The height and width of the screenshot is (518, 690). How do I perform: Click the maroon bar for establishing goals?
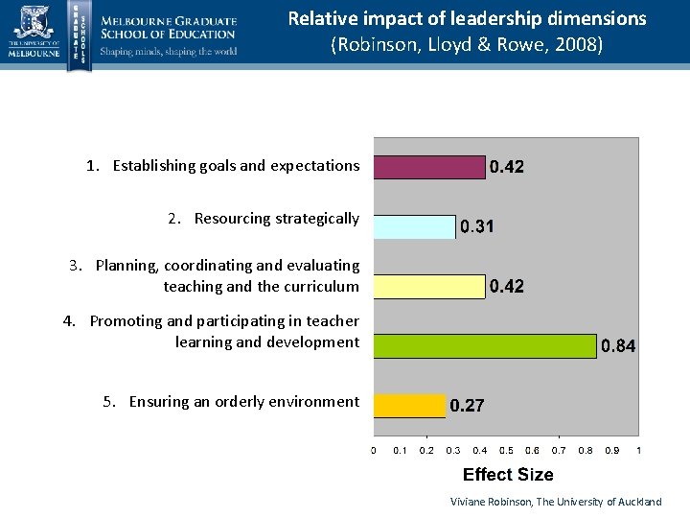click(x=429, y=167)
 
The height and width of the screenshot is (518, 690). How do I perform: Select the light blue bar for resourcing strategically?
click(x=414, y=226)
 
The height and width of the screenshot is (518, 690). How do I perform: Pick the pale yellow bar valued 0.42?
click(x=429, y=286)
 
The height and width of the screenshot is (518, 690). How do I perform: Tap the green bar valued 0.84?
click(x=484, y=345)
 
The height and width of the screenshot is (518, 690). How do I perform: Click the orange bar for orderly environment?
click(x=409, y=406)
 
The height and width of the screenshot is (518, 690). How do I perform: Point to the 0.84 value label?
click(x=617, y=345)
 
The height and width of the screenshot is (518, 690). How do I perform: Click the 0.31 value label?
click(x=477, y=227)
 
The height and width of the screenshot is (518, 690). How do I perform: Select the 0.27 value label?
click(x=467, y=406)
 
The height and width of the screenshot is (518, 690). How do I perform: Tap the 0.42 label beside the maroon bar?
click(x=507, y=167)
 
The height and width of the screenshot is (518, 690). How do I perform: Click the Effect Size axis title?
click(x=508, y=475)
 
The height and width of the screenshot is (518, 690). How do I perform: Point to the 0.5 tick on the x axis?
click(x=506, y=450)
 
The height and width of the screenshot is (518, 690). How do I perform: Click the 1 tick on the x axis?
click(x=638, y=450)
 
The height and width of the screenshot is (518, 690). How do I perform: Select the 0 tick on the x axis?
click(x=374, y=450)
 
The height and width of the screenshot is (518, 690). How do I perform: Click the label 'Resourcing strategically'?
click(x=276, y=219)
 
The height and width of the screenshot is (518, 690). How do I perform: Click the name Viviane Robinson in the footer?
click(x=491, y=502)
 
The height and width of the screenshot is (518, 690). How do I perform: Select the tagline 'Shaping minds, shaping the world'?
click(x=169, y=52)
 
